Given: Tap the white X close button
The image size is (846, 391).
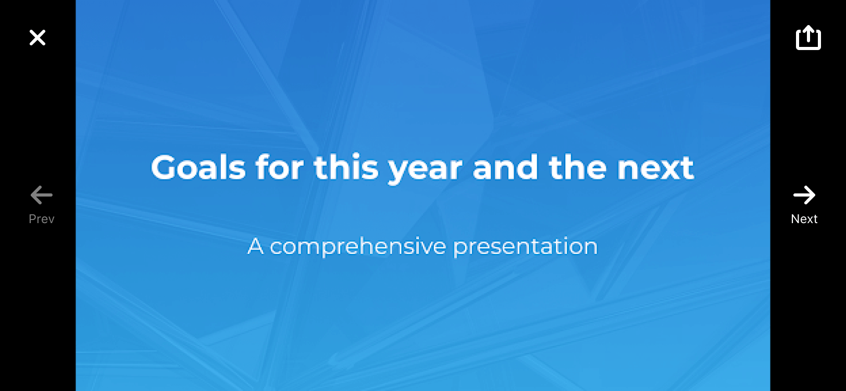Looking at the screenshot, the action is click(x=38, y=38).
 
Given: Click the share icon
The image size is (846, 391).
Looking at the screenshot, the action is click(x=808, y=38).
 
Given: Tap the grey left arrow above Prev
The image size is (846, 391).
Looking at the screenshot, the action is click(x=42, y=195).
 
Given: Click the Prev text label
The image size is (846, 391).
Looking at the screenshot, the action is click(x=42, y=219).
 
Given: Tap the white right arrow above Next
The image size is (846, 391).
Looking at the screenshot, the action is click(x=804, y=195).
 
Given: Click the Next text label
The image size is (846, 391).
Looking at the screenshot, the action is click(x=804, y=219).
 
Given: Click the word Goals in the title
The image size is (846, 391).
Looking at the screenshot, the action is click(x=198, y=167).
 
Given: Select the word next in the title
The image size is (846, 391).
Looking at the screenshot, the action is click(x=655, y=169).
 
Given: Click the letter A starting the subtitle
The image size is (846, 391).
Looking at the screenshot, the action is click(x=255, y=246).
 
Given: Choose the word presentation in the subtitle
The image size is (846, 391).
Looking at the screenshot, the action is click(x=525, y=247).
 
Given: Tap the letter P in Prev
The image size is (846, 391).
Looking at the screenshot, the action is click(x=33, y=219).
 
